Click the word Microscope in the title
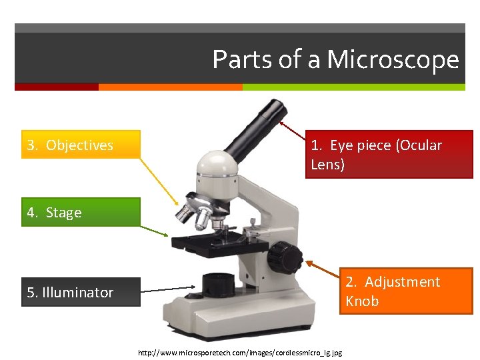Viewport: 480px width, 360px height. tap(393, 60)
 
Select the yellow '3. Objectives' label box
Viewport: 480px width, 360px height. tap(81, 145)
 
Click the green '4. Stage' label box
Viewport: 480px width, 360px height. tap(81, 213)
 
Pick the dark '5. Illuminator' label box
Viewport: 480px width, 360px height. tap(81, 292)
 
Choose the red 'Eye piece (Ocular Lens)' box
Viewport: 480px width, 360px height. tap(389, 155)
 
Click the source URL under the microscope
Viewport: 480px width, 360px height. tap(239, 352)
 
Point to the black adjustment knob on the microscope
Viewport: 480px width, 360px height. tap(283, 256)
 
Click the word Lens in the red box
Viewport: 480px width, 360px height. tap(327, 164)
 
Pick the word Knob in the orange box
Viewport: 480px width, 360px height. tap(362, 301)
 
